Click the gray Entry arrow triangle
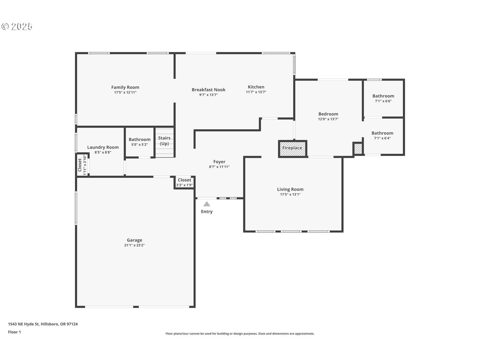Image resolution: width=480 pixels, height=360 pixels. pyautogui.click(x=207, y=204)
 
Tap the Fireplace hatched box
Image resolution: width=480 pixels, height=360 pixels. pyautogui.click(x=292, y=148)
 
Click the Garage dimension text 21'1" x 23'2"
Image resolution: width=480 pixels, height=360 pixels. pyautogui.click(x=134, y=245)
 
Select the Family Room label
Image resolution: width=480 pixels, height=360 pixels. pyautogui.click(x=125, y=87)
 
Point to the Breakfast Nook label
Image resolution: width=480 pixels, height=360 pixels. pyautogui.click(x=208, y=90)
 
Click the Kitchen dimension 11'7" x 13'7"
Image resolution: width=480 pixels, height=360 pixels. pyautogui.click(x=256, y=92)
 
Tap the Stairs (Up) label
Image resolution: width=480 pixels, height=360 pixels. pyautogui.click(x=164, y=141)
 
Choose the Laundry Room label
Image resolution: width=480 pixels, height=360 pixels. pyautogui.click(x=103, y=147)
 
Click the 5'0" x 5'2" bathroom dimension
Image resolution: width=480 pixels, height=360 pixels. pyautogui.click(x=139, y=145)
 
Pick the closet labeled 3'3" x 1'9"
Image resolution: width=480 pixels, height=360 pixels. pyautogui.click(x=184, y=182)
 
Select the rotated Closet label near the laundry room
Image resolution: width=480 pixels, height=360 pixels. pyautogui.click(x=79, y=165)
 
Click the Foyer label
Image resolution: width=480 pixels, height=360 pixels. pyautogui.click(x=219, y=161)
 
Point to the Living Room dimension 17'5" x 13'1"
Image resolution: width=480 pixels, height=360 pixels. pyautogui.click(x=290, y=194)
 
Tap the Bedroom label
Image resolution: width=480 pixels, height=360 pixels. pyautogui.click(x=328, y=114)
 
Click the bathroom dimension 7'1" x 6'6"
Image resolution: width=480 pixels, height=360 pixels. pyautogui.click(x=383, y=101)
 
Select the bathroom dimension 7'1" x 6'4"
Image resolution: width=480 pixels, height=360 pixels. pyautogui.click(x=382, y=138)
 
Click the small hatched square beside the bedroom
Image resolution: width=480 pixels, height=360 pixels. pyautogui.click(x=358, y=148)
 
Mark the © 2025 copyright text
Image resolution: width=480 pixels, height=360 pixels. pyautogui.click(x=17, y=26)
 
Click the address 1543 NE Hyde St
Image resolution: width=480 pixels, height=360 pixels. pyautogui.click(x=24, y=324)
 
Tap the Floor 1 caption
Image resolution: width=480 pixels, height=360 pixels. pyautogui.click(x=14, y=332)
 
